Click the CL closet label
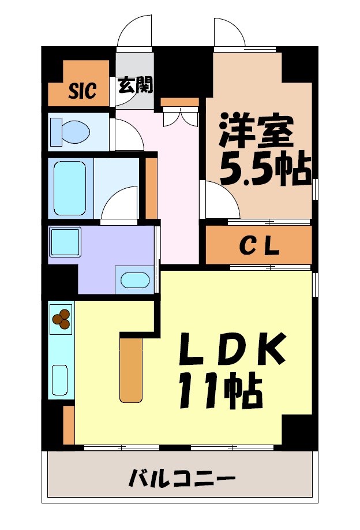pyautogui.click(x=259, y=247)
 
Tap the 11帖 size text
pyautogui.click(x=220, y=390)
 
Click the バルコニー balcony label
pyautogui.click(x=182, y=479)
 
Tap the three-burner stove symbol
pyautogui.click(x=61, y=318)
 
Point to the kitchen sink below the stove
pyautogui.click(x=60, y=378)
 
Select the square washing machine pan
pyautogui.click(x=65, y=242)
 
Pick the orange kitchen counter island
pyautogui.click(x=131, y=369)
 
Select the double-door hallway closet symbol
pyautogui.click(x=180, y=115)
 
